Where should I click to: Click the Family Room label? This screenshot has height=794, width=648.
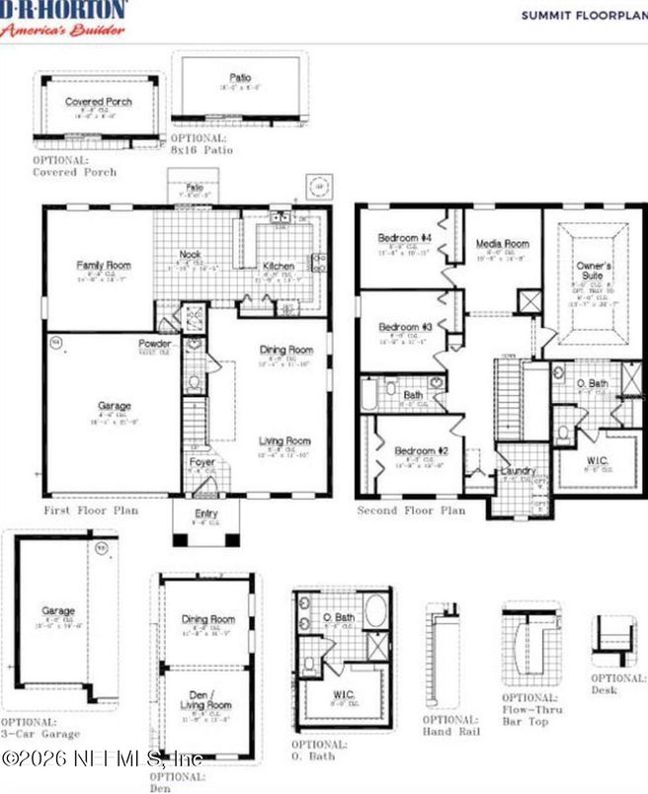(x=104, y=266)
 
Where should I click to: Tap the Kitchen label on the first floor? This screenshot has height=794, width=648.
(x=278, y=266)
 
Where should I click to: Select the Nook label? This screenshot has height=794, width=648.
(x=191, y=255)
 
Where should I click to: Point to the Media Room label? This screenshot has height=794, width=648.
(x=502, y=243)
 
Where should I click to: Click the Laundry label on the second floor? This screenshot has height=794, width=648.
(x=518, y=472)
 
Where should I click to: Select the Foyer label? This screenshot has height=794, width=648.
(x=202, y=461)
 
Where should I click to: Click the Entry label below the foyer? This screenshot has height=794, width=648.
(x=206, y=514)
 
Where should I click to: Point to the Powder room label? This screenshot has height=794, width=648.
(x=154, y=344)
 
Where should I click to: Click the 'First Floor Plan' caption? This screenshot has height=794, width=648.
(x=91, y=511)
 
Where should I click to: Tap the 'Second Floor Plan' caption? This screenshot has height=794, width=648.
(x=411, y=511)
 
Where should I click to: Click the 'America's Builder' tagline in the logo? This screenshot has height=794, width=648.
(x=63, y=30)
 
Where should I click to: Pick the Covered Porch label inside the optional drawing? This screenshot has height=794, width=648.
(x=98, y=102)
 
